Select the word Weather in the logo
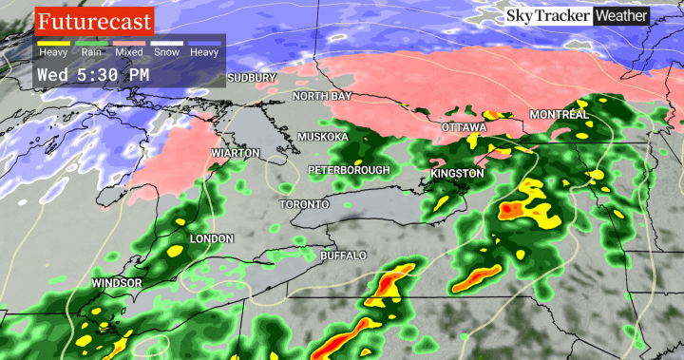(620, 16)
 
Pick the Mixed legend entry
(130, 52)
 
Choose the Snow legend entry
(168, 52)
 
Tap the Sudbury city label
(252, 77)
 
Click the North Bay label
(321, 97)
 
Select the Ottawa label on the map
(465, 127)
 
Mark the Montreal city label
(560, 114)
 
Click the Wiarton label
(236, 152)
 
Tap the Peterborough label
(349, 170)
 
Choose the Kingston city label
(457, 175)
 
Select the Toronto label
(304, 205)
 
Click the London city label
(212, 238)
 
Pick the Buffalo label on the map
(342, 256)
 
